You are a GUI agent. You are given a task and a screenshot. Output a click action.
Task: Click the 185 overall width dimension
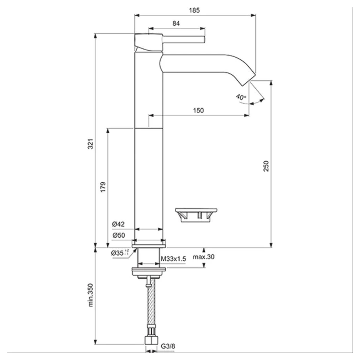[195, 10]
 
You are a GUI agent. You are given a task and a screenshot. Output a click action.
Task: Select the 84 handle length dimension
[176, 24]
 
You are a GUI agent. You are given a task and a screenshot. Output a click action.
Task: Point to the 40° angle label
[241, 97]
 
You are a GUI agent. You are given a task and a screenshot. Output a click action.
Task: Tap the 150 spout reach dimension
[198, 110]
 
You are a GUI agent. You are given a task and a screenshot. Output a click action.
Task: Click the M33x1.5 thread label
[174, 259]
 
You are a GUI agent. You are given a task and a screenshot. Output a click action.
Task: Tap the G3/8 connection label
[168, 346]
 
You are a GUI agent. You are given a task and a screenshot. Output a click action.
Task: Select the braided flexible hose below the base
[150, 309]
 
